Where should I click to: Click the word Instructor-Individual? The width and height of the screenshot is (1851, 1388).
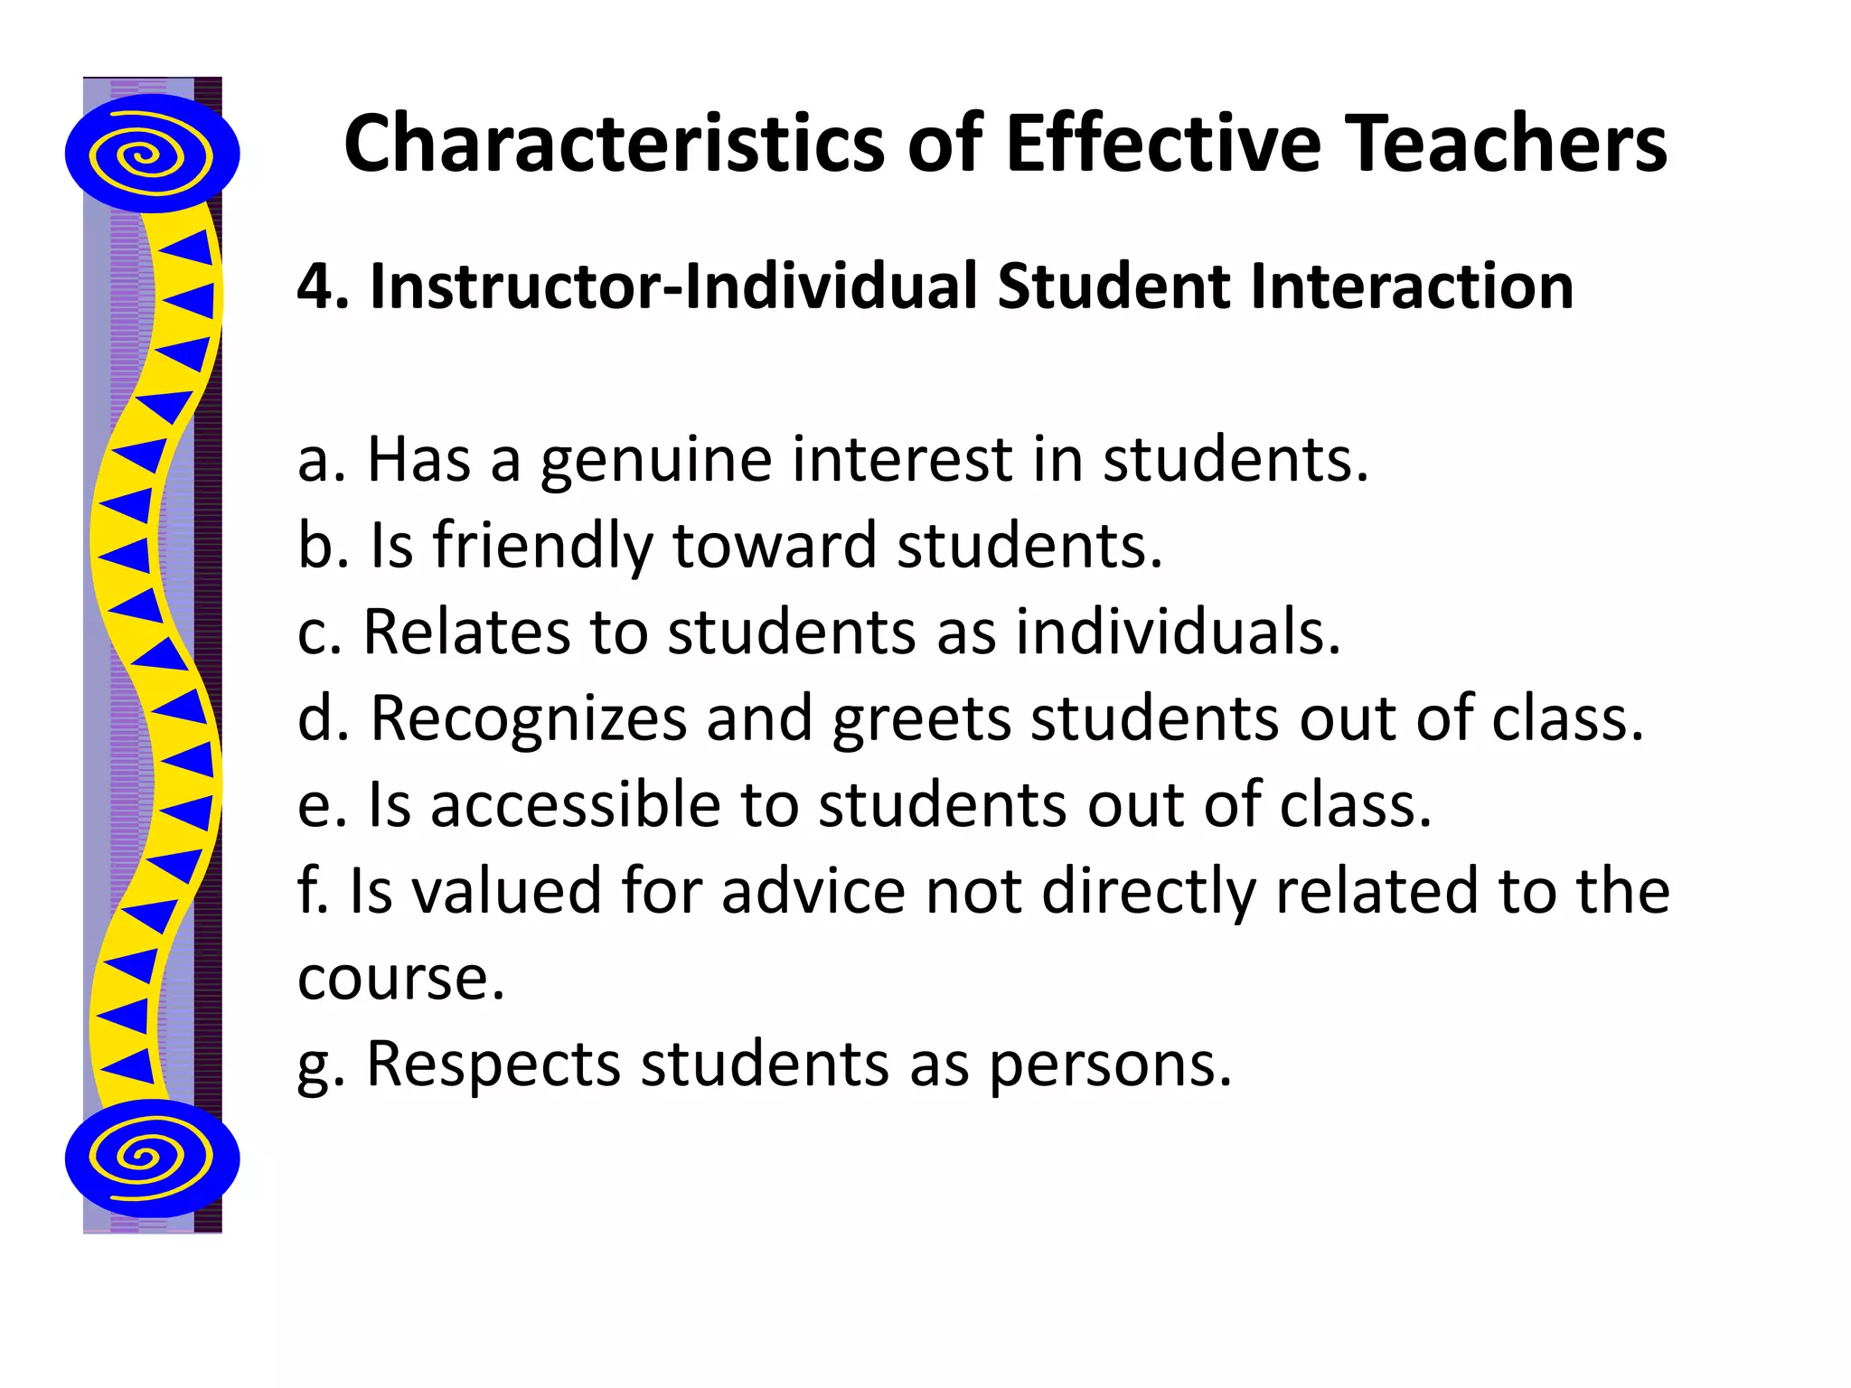pyautogui.click(x=674, y=286)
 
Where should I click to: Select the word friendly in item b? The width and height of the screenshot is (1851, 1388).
pyautogui.click(x=541, y=547)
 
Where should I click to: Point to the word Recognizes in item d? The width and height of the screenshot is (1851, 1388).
pyautogui.click(x=529, y=718)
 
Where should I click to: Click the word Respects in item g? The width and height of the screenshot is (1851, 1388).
pyautogui.click(x=493, y=1064)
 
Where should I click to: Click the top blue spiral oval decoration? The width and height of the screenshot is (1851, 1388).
pyautogui.click(x=152, y=154)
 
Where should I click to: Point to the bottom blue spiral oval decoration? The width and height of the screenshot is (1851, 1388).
pyautogui.click(x=152, y=1158)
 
